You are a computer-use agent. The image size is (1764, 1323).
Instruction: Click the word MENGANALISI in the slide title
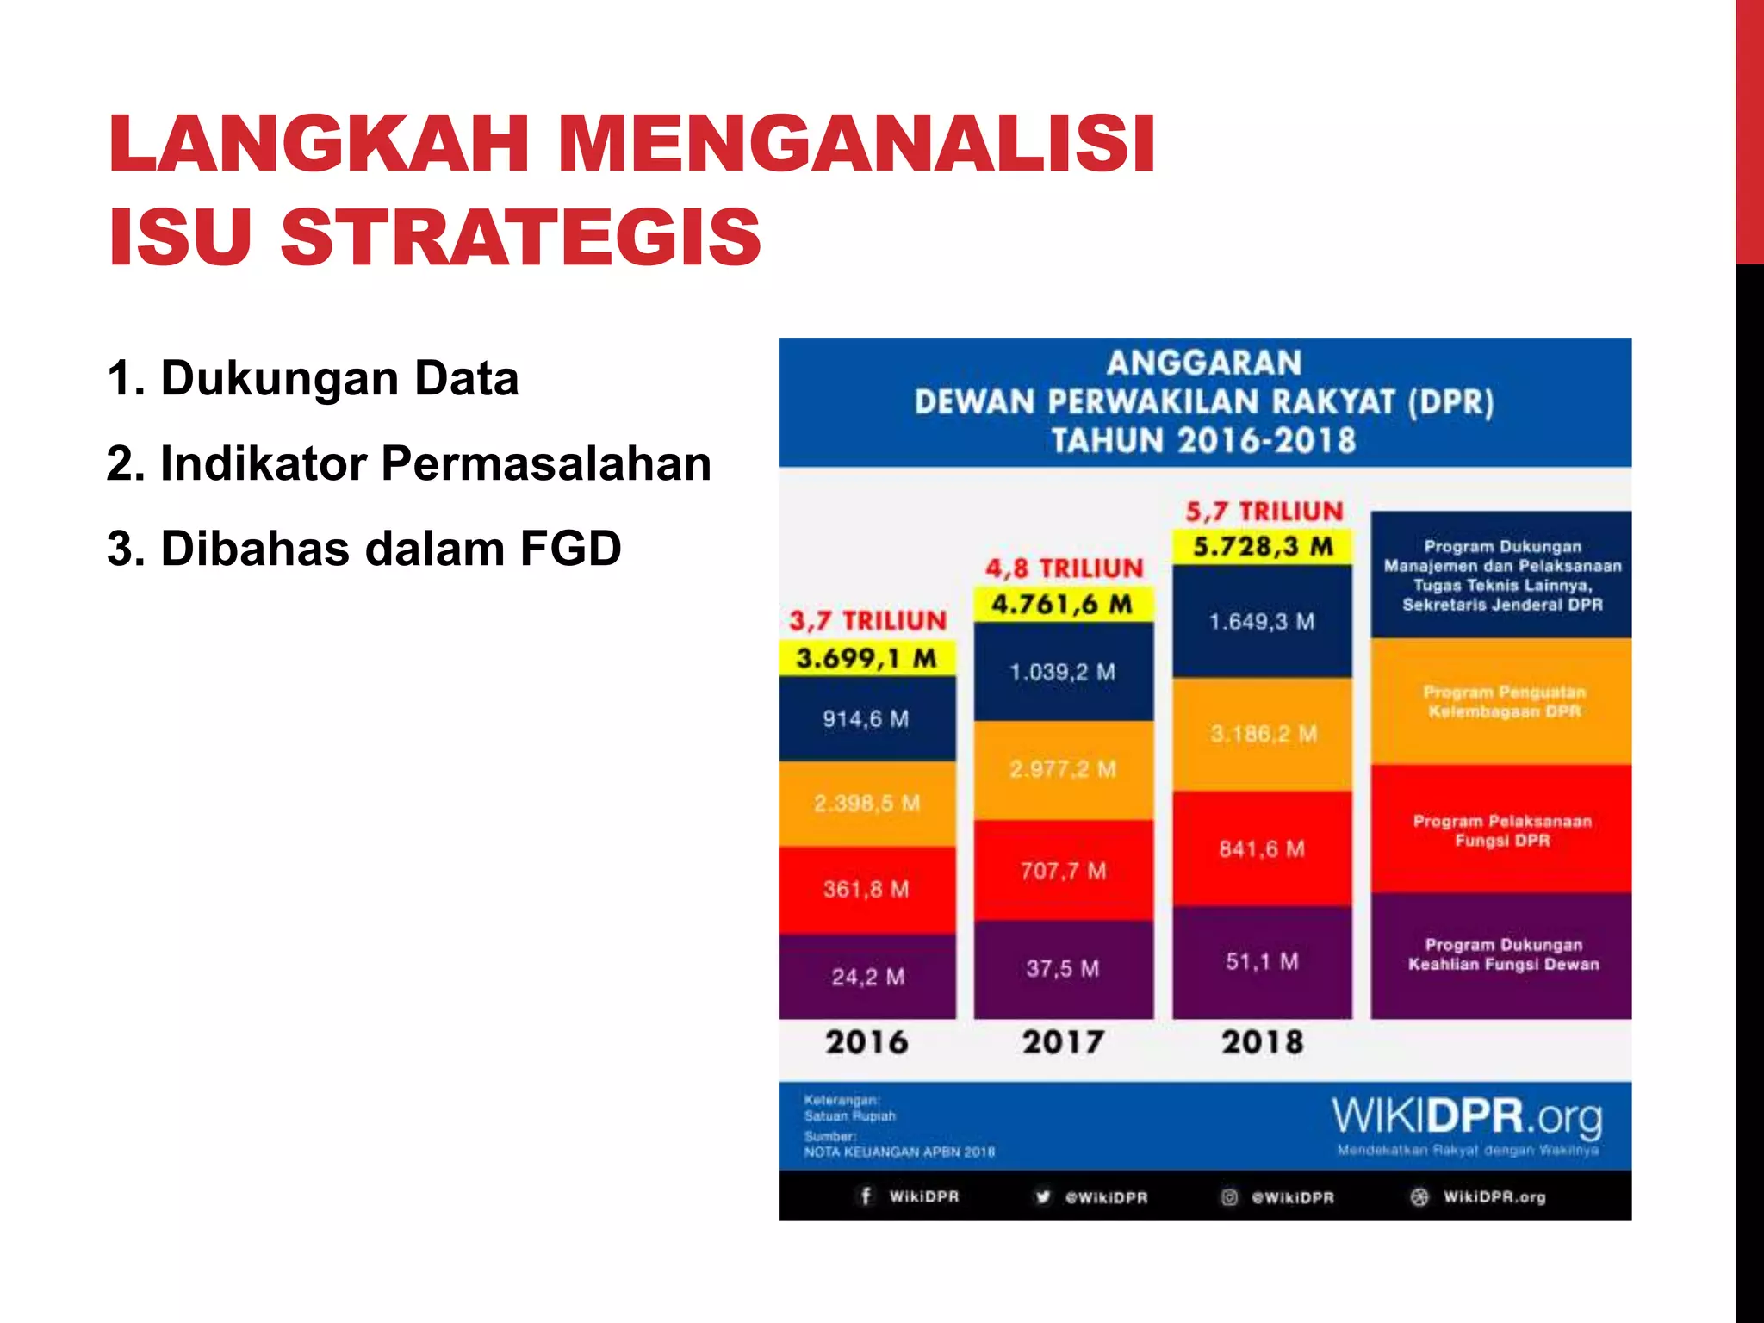click(857, 144)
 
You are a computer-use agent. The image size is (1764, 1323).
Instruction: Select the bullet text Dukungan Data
click(339, 378)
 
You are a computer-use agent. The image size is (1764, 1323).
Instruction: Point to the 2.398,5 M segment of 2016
click(866, 804)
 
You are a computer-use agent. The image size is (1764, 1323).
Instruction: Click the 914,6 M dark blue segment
click(866, 718)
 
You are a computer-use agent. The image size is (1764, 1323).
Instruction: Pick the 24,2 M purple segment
click(867, 977)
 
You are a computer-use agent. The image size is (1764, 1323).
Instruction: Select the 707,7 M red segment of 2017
click(1063, 871)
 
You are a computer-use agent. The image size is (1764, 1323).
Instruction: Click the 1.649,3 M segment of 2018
click(1262, 621)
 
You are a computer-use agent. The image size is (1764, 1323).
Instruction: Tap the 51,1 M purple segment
click(1262, 961)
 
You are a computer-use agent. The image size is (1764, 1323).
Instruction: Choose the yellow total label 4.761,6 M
click(1062, 604)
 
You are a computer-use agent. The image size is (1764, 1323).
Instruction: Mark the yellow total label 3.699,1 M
click(866, 659)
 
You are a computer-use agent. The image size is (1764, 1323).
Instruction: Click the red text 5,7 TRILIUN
click(1264, 512)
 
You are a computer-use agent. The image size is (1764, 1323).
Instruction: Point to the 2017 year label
click(1063, 1042)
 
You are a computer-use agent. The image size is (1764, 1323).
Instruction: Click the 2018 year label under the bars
click(1262, 1042)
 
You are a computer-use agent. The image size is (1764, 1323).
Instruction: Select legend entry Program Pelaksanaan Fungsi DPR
click(1501, 830)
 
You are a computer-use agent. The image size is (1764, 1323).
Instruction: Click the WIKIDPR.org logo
click(1467, 1117)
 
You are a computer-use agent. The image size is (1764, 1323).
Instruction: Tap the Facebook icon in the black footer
click(866, 1196)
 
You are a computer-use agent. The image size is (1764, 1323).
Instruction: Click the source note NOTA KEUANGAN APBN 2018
click(899, 1152)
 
